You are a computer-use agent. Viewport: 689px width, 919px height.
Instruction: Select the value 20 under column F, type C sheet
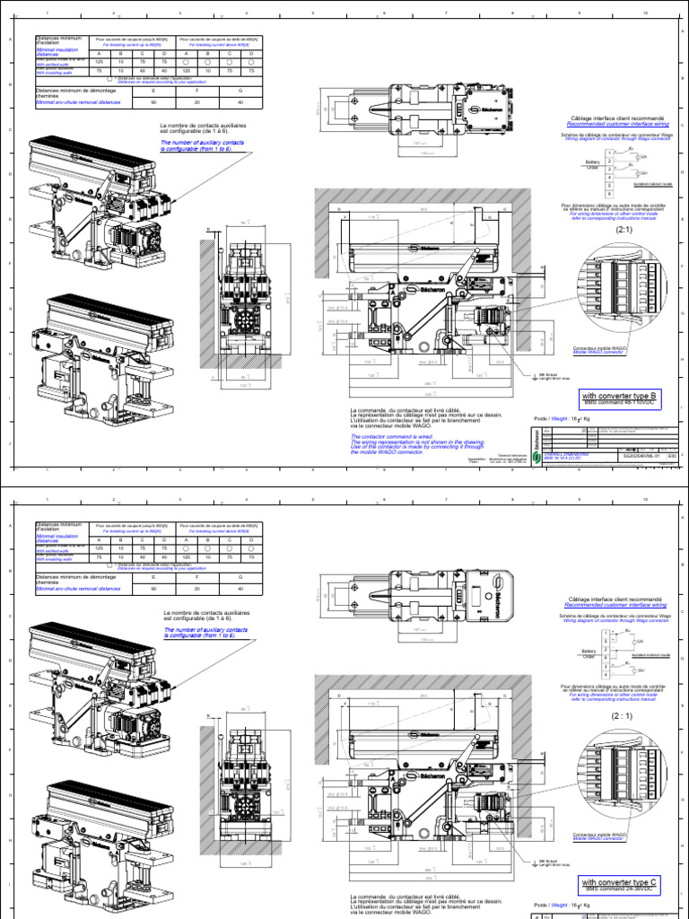tap(205, 591)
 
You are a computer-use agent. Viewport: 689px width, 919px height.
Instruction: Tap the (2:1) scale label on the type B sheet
tap(624, 229)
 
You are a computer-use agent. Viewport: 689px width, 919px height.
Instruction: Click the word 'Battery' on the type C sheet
tap(589, 651)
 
